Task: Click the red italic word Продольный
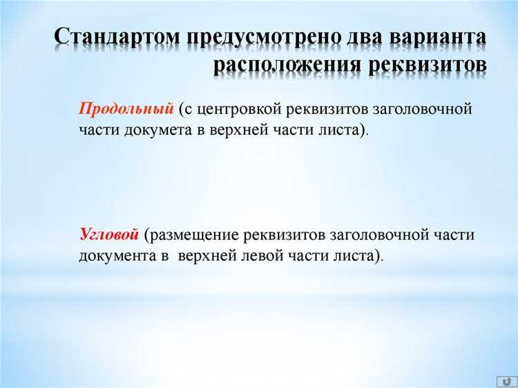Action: pyautogui.click(x=126, y=109)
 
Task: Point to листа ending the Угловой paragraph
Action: pyautogui.click(x=359, y=255)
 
